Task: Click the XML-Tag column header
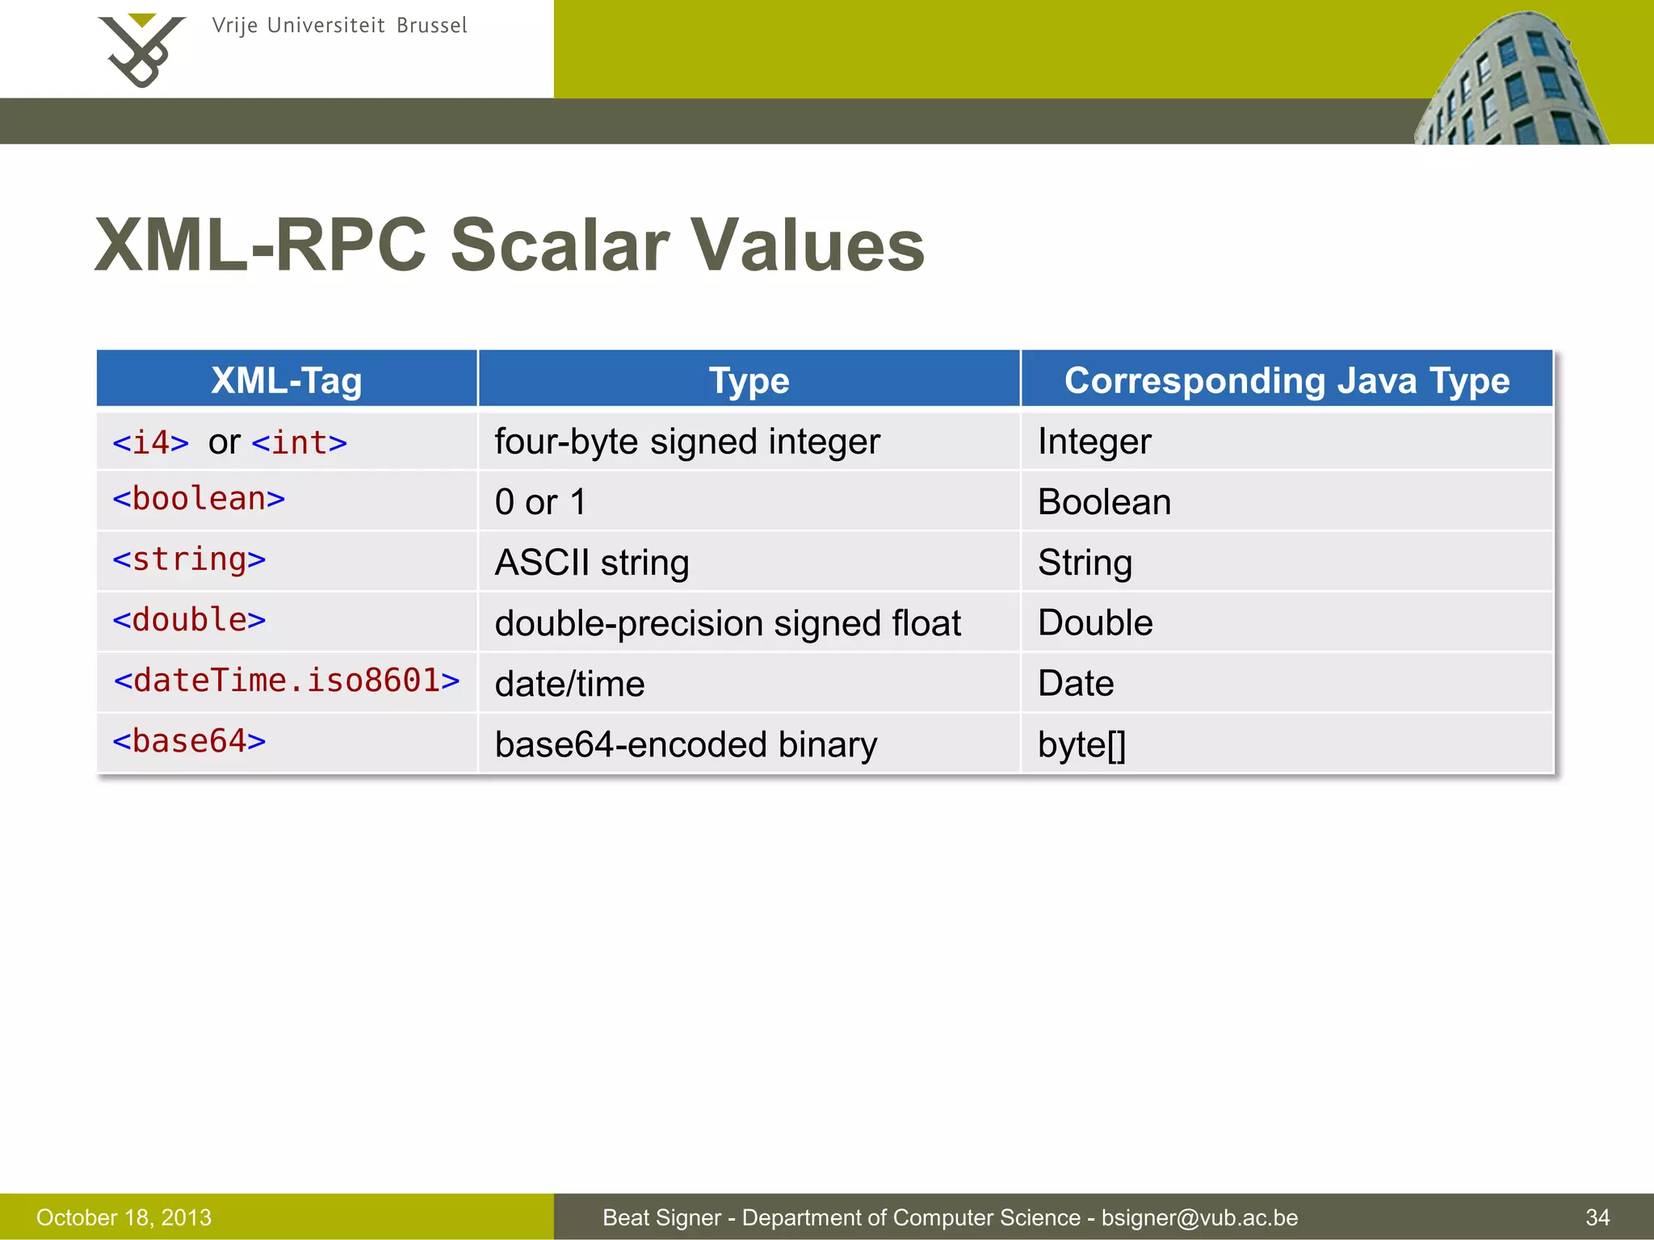287,380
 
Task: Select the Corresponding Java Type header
1287,380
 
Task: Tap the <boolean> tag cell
199,499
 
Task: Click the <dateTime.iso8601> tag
287,681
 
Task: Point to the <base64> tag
189,741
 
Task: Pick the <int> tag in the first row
300,442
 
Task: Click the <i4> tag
151,442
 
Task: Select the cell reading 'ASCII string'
592,563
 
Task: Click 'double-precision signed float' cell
727,623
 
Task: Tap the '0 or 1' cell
540,502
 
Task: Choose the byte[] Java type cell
1081,744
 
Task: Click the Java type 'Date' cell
1076,684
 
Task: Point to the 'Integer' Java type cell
1094,442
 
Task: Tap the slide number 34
1597,1217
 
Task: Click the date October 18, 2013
124,1217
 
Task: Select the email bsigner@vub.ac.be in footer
1199,1217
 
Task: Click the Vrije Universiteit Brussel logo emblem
141,50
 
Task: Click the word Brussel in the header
432,26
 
